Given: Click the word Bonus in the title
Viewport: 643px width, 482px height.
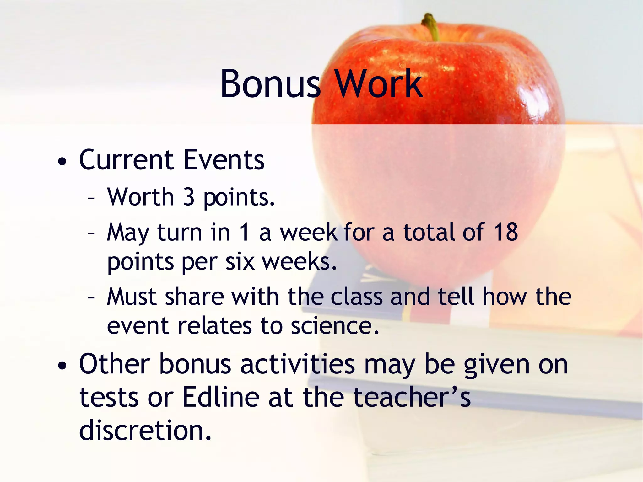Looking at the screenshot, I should point(270,84).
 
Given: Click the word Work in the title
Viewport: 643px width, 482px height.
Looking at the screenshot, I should point(378,84).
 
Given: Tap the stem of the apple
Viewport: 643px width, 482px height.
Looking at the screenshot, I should point(431,26).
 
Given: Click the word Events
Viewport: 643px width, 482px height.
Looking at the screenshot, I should point(224,160).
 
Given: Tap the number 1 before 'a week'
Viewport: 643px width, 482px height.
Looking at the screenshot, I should point(244,232).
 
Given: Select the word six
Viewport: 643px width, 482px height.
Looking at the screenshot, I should point(240,262).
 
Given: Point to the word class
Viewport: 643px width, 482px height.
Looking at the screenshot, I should point(357,297).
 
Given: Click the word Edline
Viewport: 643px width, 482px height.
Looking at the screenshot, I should point(221,397).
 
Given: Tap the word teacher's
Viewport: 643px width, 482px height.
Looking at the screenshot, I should point(412,397).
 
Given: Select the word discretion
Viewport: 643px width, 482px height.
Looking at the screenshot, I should point(145,430).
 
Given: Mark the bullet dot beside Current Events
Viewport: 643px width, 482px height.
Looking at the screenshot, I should point(62,162).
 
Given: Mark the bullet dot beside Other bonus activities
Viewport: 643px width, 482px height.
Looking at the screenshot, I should point(62,366).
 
